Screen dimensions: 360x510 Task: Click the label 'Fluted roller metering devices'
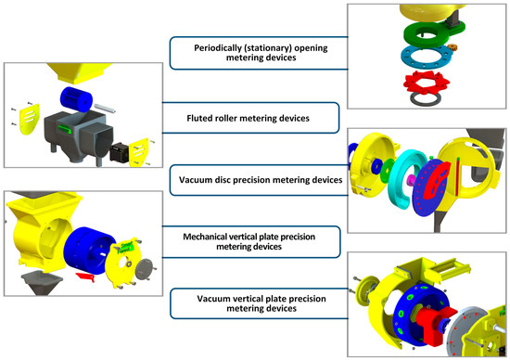(x=254, y=118)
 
